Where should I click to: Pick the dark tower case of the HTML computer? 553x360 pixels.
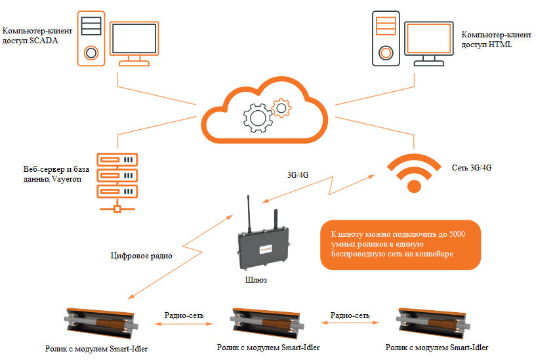coord(386,37)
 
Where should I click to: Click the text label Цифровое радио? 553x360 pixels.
coord(141,256)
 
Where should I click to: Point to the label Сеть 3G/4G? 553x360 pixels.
coord(472,168)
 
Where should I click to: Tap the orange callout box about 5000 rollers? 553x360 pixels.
coord(400,244)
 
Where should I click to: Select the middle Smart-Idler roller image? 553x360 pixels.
coord(267,321)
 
